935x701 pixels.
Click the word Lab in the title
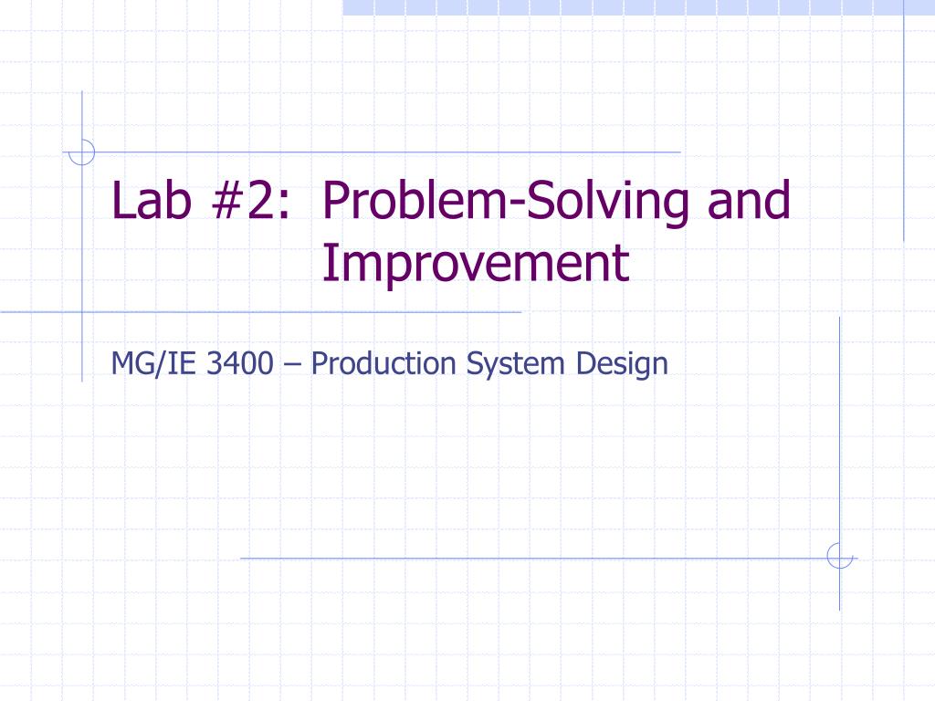pyautogui.click(x=152, y=200)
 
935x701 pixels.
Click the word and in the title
pyautogui.click(x=749, y=200)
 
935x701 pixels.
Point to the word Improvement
pyautogui.click(x=476, y=264)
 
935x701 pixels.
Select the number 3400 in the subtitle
pyautogui.click(x=240, y=363)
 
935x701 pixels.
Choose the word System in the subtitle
pyautogui.click(x=515, y=364)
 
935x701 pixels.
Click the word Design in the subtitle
pyautogui.click(x=622, y=364)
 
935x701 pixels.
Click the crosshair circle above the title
pyautogui.click(x=81, y=152)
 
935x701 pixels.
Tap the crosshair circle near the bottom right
pyautogui.click(x=840, y=556)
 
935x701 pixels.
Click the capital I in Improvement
pyautogui.click(x=328, y=264)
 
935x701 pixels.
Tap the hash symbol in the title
pyautogui.click(x=226, y=201)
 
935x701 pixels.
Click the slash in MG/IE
pyautogui.click(x=159, y=364)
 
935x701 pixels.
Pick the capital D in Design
pyautogui.click(x=586, y=363)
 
